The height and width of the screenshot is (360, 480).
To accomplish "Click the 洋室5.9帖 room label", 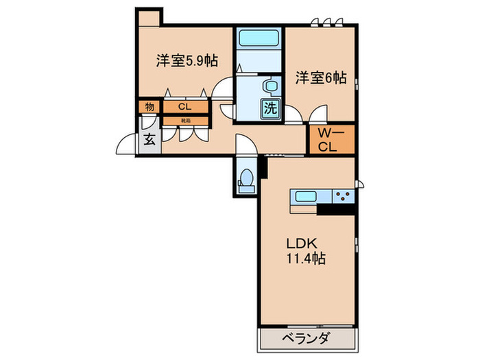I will point(187,61).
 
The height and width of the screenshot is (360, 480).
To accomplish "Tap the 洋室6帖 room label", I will point(320,77).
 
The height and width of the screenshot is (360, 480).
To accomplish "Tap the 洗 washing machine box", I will point(271,108).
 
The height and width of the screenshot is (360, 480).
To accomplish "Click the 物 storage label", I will point(149,106).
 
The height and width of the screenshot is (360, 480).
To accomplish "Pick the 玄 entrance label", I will point(149,141).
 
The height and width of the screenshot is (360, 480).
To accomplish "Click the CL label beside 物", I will point(184,106).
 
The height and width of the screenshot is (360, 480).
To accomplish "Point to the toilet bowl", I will point(245,177).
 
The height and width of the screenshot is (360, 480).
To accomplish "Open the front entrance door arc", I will point(125,145).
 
